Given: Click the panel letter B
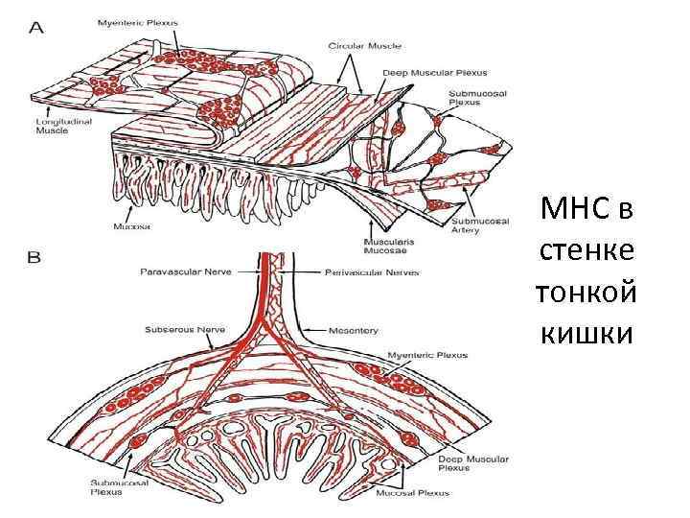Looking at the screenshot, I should point(34,259).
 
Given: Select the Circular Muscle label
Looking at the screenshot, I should point(365,45).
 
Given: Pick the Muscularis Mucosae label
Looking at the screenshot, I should point(389,247).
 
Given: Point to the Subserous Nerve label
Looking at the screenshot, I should point(185,330).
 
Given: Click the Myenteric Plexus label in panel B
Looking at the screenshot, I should point(427,355).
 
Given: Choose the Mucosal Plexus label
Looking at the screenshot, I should point(412,493).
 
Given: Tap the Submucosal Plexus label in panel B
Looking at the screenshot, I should point(118,486).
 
